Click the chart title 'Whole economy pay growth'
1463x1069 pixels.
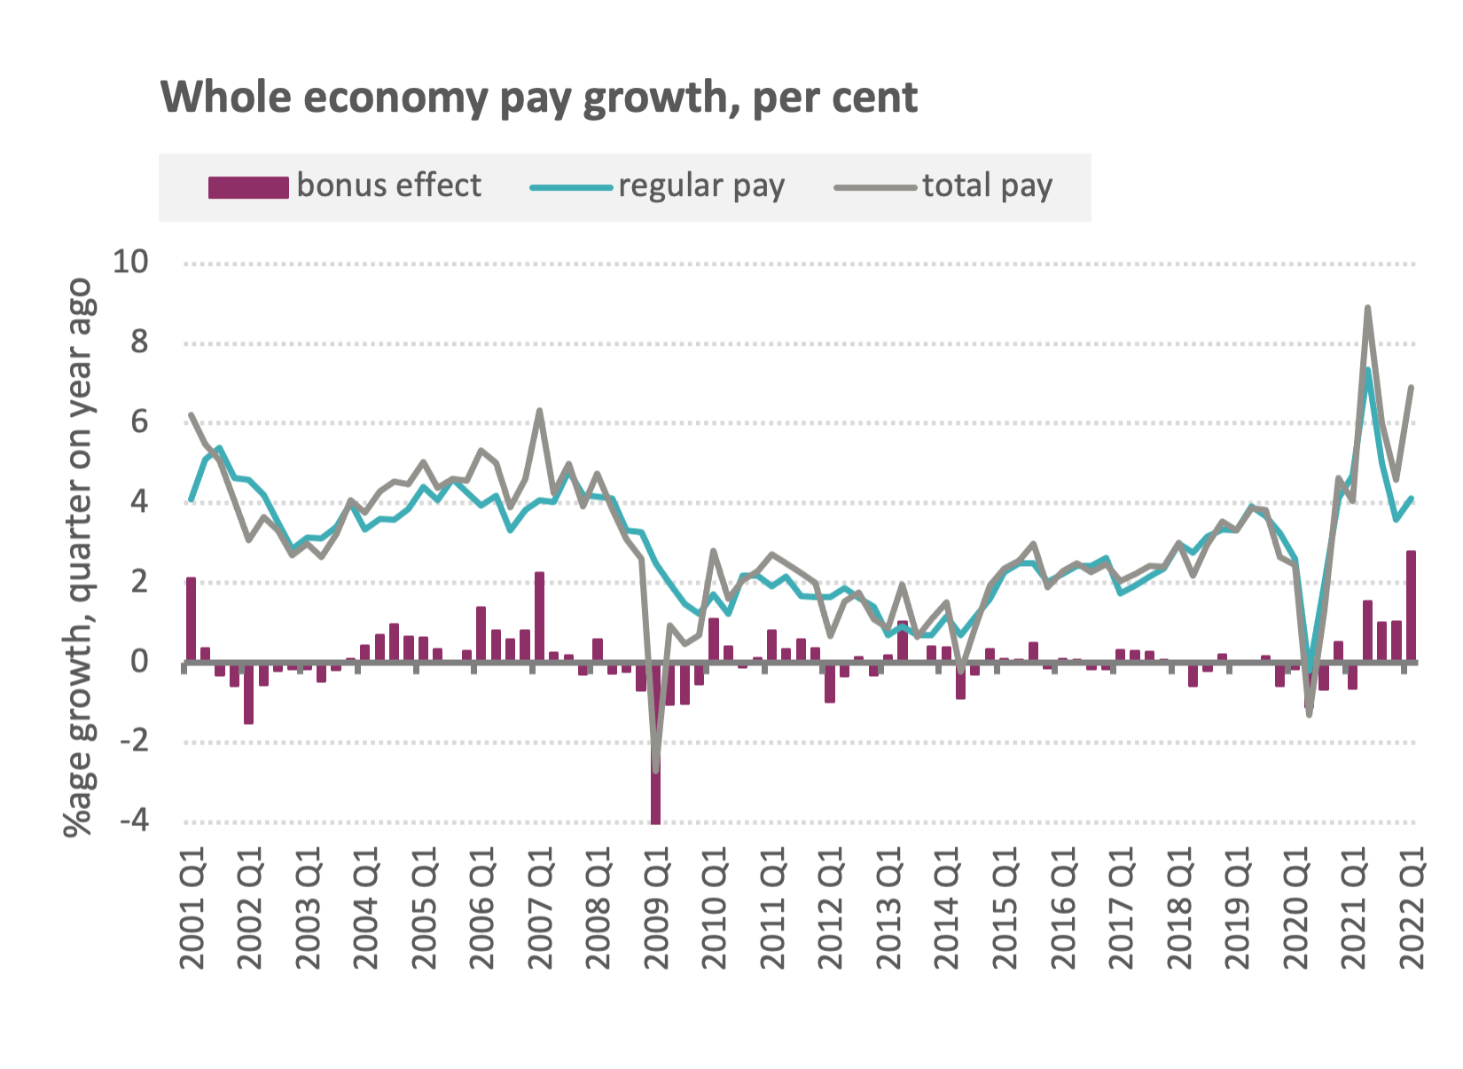click(538, 98)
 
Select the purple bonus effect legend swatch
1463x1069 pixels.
click(247, 187)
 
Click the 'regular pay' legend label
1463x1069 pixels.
click(700, 186)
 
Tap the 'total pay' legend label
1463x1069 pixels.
click(987, 186)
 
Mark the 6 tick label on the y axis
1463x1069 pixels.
click(139, 422)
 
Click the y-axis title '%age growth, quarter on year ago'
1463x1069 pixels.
click(78, 557)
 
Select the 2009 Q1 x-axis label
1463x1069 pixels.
click(656, 908)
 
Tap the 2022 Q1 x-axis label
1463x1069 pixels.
click(1411, 908)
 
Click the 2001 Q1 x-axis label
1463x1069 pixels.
click(192, 908)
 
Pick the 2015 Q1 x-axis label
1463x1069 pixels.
click(1005, 908)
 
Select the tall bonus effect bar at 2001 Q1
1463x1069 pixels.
click(191, 619)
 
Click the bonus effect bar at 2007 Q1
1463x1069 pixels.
click(539, 617)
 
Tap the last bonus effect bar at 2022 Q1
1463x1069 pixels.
click(1411, 606)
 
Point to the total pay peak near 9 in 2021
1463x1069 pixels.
click(1367, 309)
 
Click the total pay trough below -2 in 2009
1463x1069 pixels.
click(655, 768)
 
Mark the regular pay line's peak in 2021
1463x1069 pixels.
click(1367, 370)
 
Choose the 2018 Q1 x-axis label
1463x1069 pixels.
click(1179, 908)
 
